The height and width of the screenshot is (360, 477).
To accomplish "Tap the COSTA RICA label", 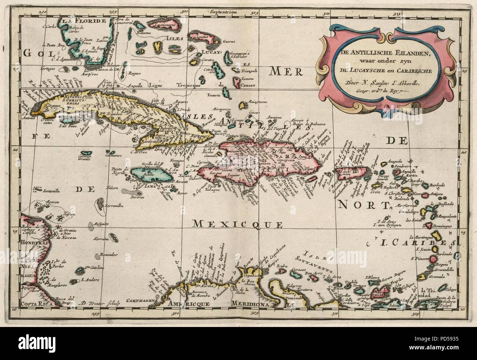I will [x=35, y=304].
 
